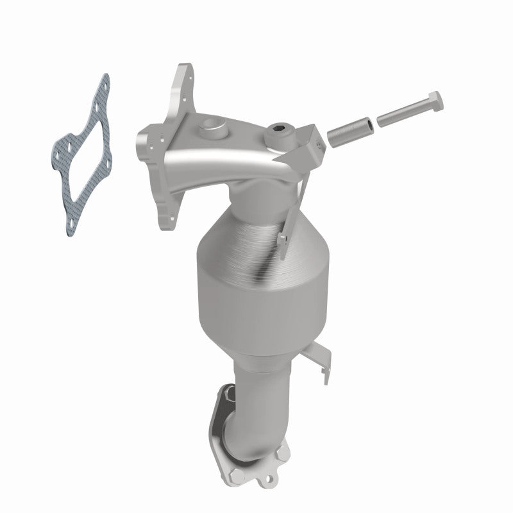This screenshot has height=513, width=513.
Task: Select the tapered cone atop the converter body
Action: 256,218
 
